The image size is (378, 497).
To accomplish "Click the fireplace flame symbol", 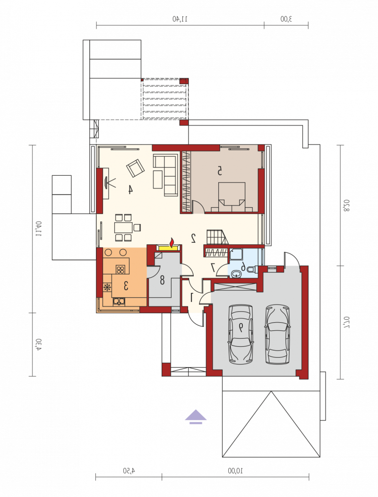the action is (x=172, y=242).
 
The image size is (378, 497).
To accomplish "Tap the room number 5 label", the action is (x=219, y=171).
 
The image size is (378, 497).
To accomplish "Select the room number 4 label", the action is (x=130, y=189).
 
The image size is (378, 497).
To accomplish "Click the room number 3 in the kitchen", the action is (x=126, y=286).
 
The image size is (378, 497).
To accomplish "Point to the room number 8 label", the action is (x=162, y=280).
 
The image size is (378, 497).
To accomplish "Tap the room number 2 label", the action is (x=193, y=238).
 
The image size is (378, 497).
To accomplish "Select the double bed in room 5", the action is (x=232, y=197).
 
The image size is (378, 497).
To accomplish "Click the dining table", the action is (x=124, y=228).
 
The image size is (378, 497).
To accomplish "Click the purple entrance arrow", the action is (x=196, y=417).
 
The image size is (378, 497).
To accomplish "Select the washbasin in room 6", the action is (x=236, y=274).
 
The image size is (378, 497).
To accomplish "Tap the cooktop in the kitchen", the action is (x=120, y=269).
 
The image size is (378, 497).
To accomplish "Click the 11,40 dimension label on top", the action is (x=180, y=19).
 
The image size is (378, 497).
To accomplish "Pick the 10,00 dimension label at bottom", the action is (x=235, y=471).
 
